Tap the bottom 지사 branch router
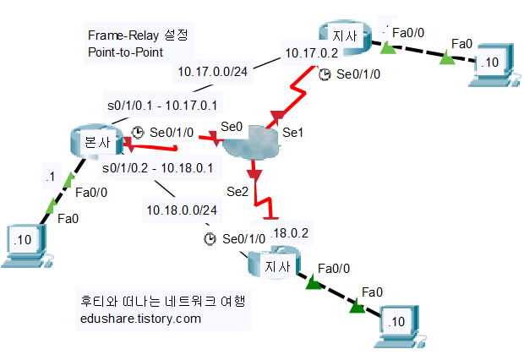(273, 265)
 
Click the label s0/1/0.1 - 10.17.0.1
(161, 105)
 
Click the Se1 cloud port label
(292, 132)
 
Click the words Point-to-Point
(125, 52)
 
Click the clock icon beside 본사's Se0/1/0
(139, 133)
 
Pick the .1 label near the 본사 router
(50, 177)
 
